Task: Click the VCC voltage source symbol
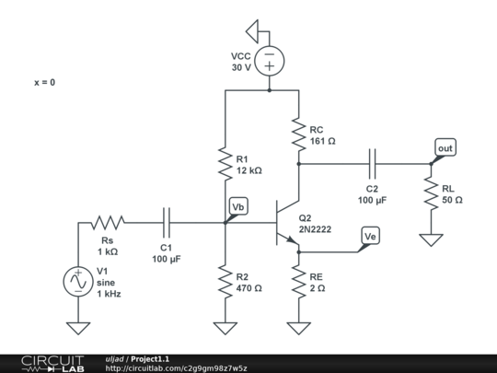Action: [x=269, y=62]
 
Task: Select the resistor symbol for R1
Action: [x=225, y=164]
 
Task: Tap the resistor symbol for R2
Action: [x=225, y=281]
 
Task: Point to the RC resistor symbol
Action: [x=298, y=135]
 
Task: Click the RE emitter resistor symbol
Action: [x=298, y=281]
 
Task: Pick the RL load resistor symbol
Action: [x=430, y=193]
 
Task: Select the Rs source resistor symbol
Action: [x=108, y=222]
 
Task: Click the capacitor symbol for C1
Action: [x=167, y=222]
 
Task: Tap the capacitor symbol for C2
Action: [x=372, y=164]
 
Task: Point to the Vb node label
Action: [x=237, y=205]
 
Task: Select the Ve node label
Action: [x=370, y=237]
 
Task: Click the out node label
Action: [x=445, y=147]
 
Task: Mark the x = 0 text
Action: [x=44, y=83]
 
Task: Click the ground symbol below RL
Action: [x=430, y=239]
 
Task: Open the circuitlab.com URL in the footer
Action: [x=176, y=368]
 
